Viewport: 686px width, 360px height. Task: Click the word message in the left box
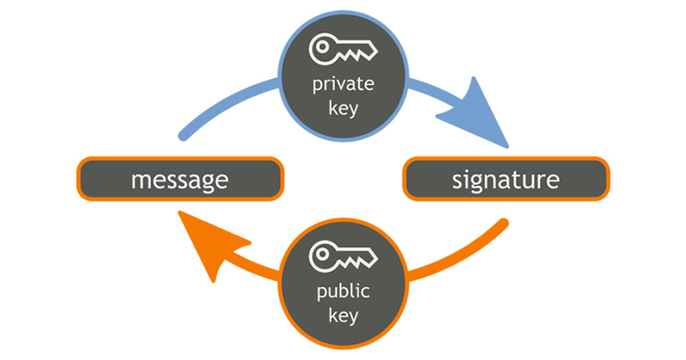(179, 179)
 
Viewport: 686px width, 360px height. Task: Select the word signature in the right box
(505, 179)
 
